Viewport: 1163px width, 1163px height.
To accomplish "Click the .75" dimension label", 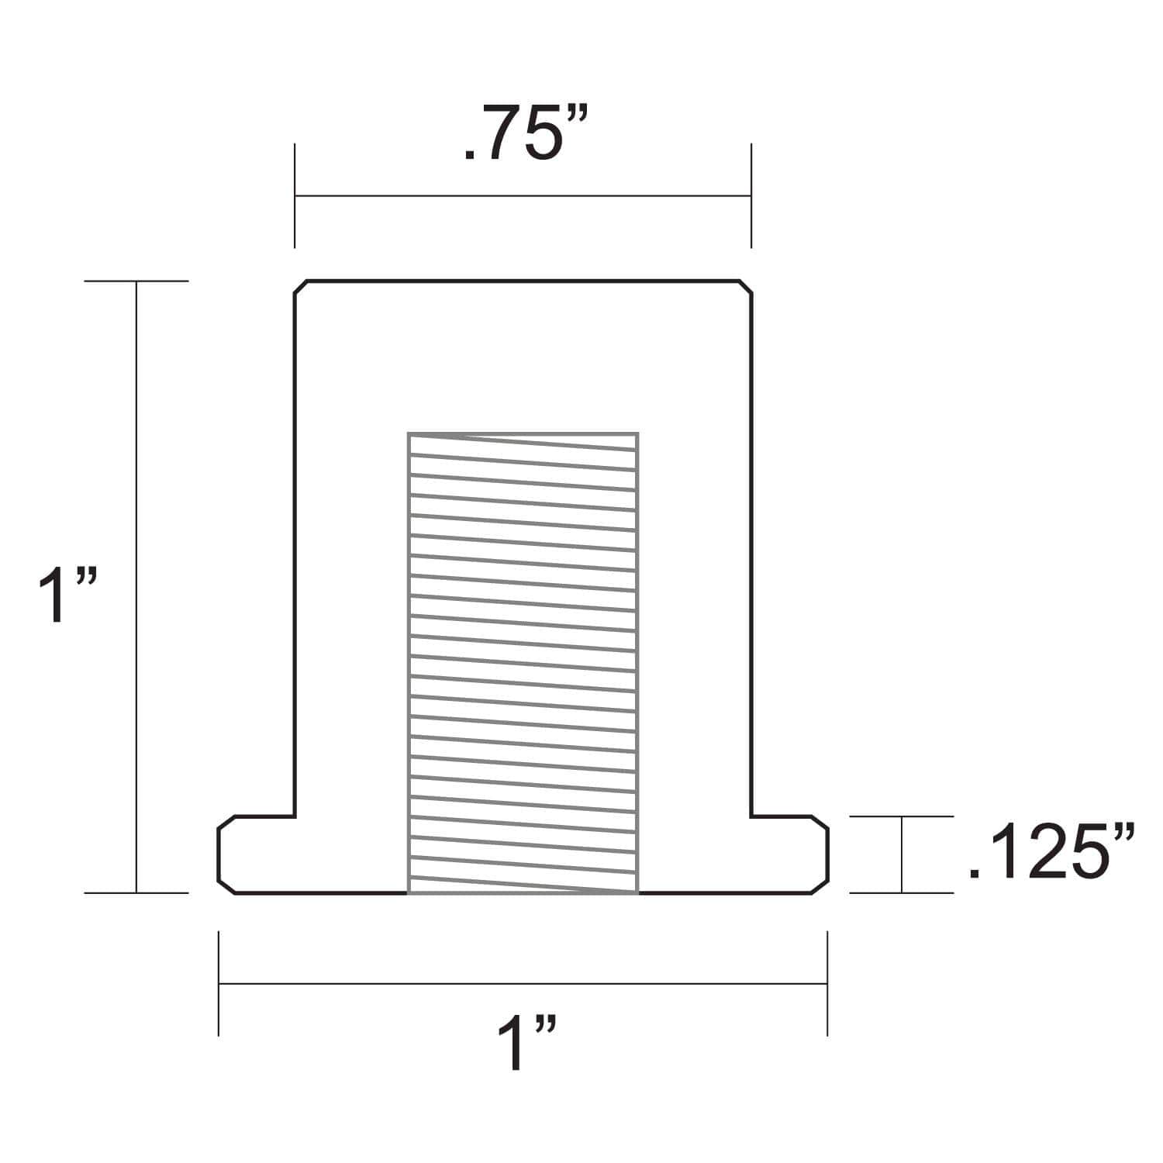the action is tap(526, 135).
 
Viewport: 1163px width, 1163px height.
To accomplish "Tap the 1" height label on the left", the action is tap(67, 595).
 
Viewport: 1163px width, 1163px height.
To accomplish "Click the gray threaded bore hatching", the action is tap(523, 663).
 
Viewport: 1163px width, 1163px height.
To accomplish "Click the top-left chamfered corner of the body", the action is tap(301, 287).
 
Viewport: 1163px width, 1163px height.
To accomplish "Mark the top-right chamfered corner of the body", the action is tap(745, 287).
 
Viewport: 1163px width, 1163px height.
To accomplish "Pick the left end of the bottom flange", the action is tap(219, 854).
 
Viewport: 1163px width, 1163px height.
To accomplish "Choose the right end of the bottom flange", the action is tap(827, 854).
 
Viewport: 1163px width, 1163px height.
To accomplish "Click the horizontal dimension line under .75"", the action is tap(523, 196).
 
